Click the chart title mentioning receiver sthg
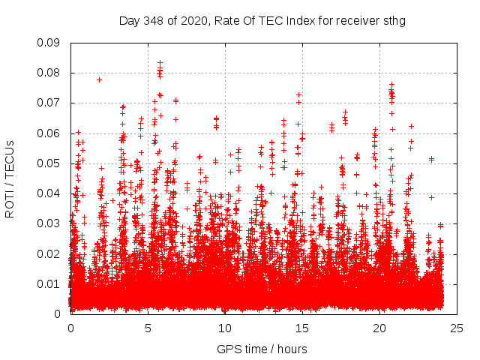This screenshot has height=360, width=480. coord(262,20)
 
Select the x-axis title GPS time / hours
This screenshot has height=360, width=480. coord(262,349)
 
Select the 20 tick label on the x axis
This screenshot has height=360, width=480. coord(379,328)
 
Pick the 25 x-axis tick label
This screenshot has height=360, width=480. coord(457,328)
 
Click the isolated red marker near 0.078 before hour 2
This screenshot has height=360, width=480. coord(99,79)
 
